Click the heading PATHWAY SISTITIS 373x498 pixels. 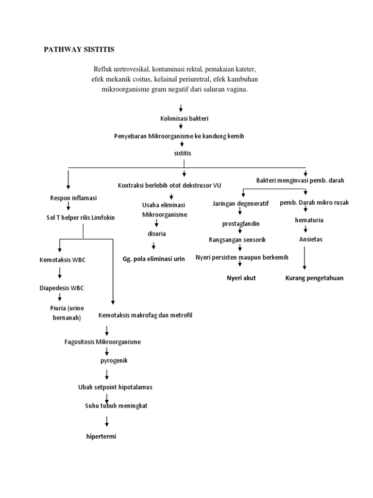tap(79, 50)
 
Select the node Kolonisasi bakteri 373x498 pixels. tap(180, 118)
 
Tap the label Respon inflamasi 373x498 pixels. tap(73, 198)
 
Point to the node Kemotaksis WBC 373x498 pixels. tap(62, 260)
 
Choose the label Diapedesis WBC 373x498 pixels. tap(62, 288)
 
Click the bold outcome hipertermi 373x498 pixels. tap(101, 436)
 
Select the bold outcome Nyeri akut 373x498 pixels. tap(241, 278)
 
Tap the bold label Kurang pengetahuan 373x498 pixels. tap(314, 278)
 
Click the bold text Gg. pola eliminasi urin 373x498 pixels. tap(154, 259)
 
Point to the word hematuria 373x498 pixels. tap(309, 220)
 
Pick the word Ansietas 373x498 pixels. tap(310, 239)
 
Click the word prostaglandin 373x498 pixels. tap(240, 224)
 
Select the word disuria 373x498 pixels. tap(157, 233)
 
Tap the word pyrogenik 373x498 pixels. tap(113, 361)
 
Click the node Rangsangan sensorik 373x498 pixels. tap(237, 240)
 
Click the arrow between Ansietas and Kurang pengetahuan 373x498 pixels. tap(305, 258)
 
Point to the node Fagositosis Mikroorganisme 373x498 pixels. tap(102, 342)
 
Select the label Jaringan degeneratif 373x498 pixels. tap(240, 203)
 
